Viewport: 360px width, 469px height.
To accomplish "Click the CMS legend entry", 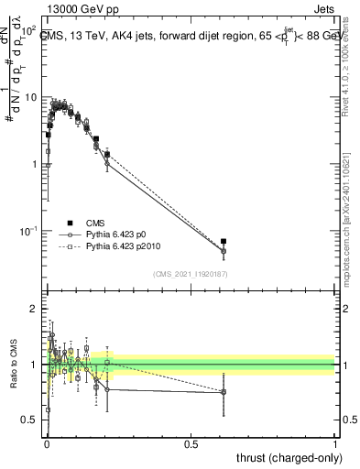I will pyautogui.click(x=96, y=223).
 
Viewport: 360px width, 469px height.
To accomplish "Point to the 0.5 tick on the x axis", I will pyautogui.click(x=191, y=443).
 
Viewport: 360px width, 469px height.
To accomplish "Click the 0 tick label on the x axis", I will pyautogui.click(x=47, y=443).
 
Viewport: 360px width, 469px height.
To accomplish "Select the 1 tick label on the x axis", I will pyautogui.click(x=335, y=443).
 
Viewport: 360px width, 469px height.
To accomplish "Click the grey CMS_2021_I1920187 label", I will pyautogui.click(x=190, y=274).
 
